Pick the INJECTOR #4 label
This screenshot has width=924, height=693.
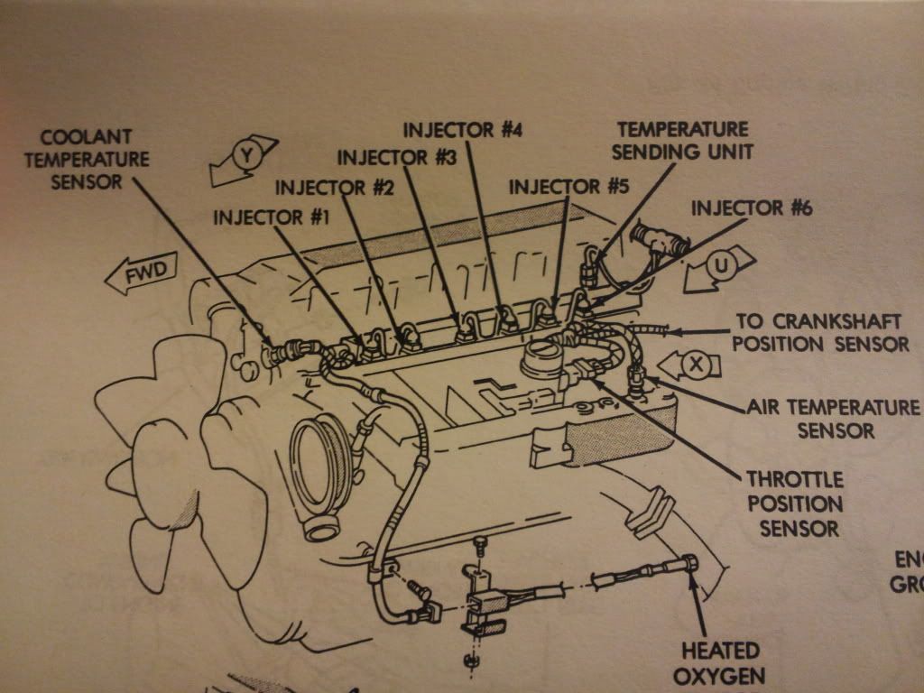[463, 129]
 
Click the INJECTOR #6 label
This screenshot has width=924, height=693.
[752, 208]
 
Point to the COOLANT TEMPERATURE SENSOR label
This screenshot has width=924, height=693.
[87, 160]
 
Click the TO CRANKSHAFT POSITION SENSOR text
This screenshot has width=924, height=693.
[821, 332]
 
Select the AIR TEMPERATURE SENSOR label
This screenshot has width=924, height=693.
[834, 419]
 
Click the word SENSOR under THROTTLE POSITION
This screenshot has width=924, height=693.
[799, 528]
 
